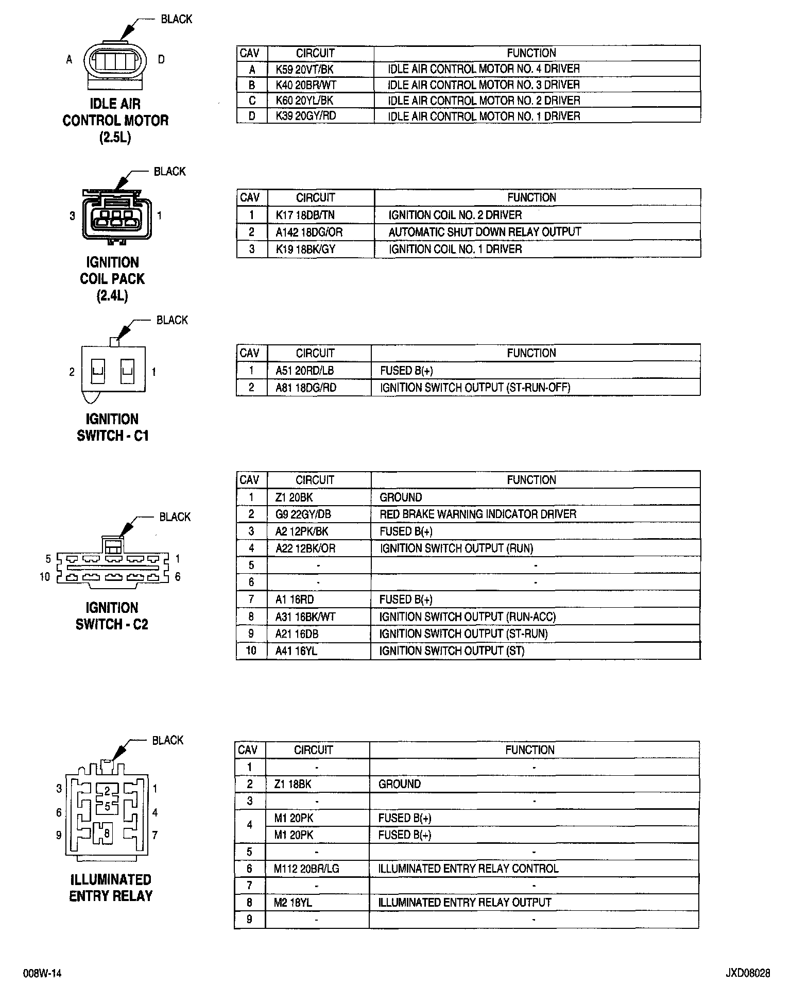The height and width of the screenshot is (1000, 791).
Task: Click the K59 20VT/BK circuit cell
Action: pyautogui.click(x=304, y=69)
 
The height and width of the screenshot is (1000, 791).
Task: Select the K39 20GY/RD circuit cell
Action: pyautogui.click(x=305, y=116)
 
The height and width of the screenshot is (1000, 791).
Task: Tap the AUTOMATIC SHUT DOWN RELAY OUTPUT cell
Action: pyautogui.click(x=485, y=232)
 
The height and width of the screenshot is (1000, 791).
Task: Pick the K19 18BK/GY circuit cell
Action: pyautogui.click(x=305, y=249)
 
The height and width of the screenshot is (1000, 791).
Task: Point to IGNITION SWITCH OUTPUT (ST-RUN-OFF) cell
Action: pyautogui.click(x=475, y=388)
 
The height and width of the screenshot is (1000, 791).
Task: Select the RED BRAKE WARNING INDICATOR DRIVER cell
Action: pyautogui.click(x=478, y=514)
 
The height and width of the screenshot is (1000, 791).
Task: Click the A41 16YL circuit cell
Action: pyautogui.click(x=296, y=651)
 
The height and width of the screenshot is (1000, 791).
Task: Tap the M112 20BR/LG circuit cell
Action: pyautogui.click(x=306, y=869)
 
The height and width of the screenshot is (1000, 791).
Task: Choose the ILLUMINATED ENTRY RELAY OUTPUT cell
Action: pyautogui.click(x=465, y=903)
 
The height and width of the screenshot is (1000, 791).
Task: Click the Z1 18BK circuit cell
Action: pyautogui.click(x=293, y=784)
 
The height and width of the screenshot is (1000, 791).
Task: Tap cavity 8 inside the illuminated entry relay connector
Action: pyautogui.click(x=107, y=834)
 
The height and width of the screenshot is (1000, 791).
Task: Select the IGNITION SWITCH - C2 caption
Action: pyautogui.click(x=112, y=616)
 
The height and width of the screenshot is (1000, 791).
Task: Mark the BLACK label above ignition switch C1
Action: pyautogui.click(x=172, y=320)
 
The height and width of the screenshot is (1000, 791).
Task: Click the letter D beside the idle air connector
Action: pyautogui.click(x=161, y=60)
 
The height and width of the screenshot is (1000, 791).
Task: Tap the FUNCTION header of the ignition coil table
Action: pyautogui.click(x=531, y=197)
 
